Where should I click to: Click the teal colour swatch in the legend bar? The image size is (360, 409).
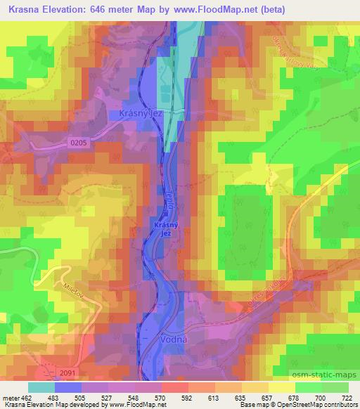(x=41, y=387)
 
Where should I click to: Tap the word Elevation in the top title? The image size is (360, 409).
(x=68, y=11)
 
